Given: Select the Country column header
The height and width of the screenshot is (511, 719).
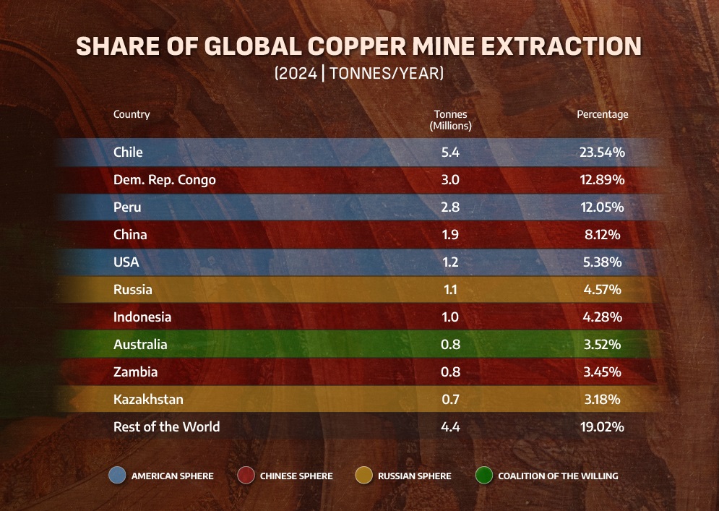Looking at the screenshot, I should pyautogui.click(x=132, y=114).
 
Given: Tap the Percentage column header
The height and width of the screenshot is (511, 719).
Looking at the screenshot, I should pyautogui.click(x=602, y=114).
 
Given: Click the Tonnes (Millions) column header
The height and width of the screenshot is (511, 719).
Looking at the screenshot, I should pyautogui.click(x=450, y=120).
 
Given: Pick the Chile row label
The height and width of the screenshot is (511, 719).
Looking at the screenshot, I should pyautogui.click(x=128, y=152).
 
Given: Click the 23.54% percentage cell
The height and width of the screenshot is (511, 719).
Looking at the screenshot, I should pyautogui.click(x=601, y=152).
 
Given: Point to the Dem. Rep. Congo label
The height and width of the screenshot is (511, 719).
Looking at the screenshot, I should pyautogui.click(x=164, y=179).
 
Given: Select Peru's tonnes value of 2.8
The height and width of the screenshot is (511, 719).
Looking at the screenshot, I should pyautogui.click(x=450, y=207).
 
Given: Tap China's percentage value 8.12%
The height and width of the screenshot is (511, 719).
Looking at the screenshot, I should pyautogui.click(x=601, y=234).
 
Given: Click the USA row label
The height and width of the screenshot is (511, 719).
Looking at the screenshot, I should pyautogui.click(x=126, y=262).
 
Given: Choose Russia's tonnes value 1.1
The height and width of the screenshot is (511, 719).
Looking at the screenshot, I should pyautogui.click(x=450, y=289).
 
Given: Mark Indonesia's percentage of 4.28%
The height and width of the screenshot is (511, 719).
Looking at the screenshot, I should pyautogui.click(x=601, y=317).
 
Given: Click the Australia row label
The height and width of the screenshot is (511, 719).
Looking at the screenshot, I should pyautogui.click(x=140, y=344).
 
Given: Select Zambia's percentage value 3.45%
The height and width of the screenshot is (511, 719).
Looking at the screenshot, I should pyautogui.click(x=601, y=372).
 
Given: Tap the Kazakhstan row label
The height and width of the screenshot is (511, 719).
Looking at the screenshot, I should pyautogui.click(x=148, y=399).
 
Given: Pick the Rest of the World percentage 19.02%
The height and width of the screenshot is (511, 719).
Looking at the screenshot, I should pyautogui.click(x=601, y=426).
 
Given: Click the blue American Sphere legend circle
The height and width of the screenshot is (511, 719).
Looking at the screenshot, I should pyautogui.click(x=118, y=476).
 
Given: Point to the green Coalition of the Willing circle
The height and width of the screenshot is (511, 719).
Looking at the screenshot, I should pyautogui.click(x=485, y=476).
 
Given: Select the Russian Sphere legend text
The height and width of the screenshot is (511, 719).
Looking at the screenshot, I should pyautogui.click(x=414, y=476).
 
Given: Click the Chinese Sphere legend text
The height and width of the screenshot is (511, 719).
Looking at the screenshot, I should pyautogui.click(x=296, y=476).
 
